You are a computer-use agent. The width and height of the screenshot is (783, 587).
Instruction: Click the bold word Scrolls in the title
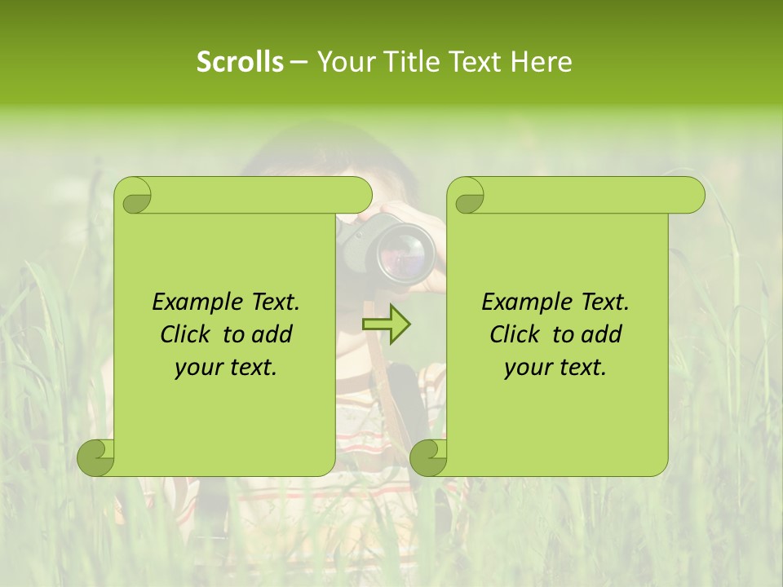point(240,62)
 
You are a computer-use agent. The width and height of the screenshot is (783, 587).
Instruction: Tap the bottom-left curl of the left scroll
point(96,457)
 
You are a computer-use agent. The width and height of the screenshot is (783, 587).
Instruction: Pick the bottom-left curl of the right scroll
point(429,457)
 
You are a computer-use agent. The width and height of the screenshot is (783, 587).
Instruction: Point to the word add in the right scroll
point(602,334)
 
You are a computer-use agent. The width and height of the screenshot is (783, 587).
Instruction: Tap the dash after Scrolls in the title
point(299,62)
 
